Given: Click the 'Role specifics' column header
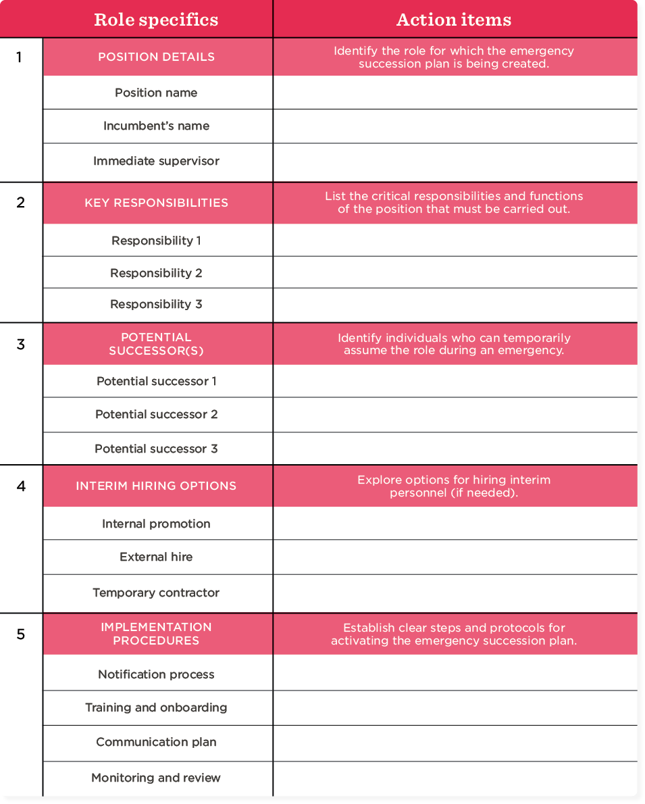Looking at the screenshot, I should point(156,20).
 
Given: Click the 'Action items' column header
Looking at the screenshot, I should point(454,20).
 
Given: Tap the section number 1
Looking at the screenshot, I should point(20,57).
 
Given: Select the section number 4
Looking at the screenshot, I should point(21,486).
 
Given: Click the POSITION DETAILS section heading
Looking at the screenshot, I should point(156,57).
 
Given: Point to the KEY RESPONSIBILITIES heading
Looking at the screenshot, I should point(156,203).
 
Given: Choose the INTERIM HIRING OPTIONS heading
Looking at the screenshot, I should point(156,486).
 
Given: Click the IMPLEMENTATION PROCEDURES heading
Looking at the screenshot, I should point(156,634).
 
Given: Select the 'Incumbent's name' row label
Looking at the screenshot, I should point(156,126).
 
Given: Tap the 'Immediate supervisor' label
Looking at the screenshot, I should point(156,161).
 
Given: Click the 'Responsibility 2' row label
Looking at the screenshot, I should point(156,273).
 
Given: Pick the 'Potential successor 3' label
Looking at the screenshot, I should point(156,449).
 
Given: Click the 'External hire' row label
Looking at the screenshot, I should point(156,557).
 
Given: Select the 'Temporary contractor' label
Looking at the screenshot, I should point(156,593).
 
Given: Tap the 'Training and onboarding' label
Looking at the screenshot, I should point(156,707).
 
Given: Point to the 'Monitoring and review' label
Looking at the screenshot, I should point(156,778).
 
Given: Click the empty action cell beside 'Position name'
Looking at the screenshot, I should point(455,93).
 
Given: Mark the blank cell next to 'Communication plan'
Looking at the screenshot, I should point(455,743).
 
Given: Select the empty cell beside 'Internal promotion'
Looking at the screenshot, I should point(455,524).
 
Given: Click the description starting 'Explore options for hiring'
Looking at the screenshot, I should point(454,486).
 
